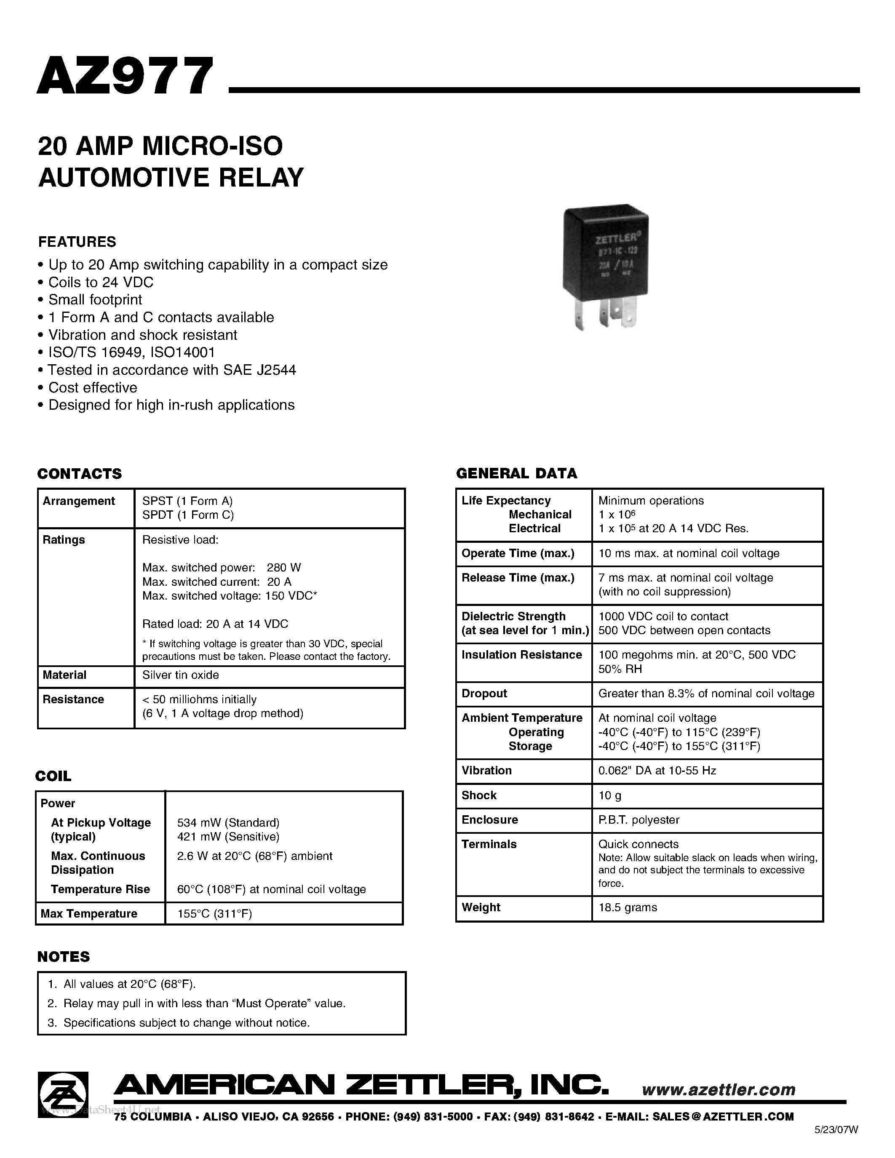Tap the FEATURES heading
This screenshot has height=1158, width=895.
click(x=77, y=242)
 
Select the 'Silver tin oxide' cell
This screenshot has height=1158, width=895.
click(x=180, y=675)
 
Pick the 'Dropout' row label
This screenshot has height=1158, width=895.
click(x=484, y=694)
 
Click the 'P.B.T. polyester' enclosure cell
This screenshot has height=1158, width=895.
click(x=639, y=820)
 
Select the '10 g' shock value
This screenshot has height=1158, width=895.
click(x=610, y=795)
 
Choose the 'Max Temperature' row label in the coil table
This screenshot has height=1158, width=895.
click(x=88, y=914)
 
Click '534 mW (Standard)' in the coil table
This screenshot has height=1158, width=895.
click(x=228, y=822)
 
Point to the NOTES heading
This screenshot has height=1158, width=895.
click(x=64, y=957)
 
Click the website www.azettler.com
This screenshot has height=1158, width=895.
click(x=719, y=1090)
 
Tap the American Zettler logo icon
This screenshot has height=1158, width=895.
click(x=63, y=1094)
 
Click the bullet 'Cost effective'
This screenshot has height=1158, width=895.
click(x=92, y=387)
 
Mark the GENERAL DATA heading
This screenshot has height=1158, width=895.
click(x=516, y=473)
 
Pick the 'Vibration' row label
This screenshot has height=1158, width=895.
click(x=486, y=771)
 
